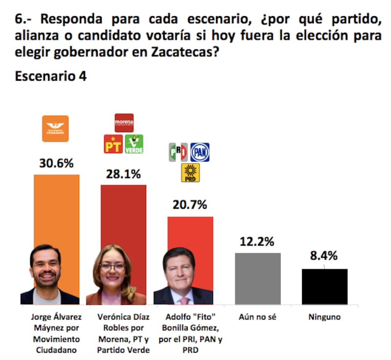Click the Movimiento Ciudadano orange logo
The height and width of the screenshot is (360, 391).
(55, 129)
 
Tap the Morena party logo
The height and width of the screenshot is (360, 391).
(124, 123)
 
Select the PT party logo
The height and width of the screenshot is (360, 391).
(113, 144)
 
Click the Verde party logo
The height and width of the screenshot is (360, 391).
(134, 144)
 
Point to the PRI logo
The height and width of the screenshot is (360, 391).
(178, 152)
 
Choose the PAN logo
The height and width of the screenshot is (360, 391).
(199, 152)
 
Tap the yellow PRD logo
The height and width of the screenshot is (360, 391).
(190, 173)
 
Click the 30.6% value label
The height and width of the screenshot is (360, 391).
(56, 164)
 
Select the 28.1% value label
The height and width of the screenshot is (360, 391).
(123, 174)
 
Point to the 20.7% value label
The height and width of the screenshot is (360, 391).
(190, 204)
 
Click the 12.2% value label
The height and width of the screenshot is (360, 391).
(257, 241)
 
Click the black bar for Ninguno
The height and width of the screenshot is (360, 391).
(325, 286)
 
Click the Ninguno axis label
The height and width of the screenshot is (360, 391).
(325, 317)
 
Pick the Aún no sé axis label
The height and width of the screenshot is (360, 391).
(258, 317)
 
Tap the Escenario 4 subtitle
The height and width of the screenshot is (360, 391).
(51, 76)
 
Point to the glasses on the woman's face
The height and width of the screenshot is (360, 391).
(113, 267)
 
